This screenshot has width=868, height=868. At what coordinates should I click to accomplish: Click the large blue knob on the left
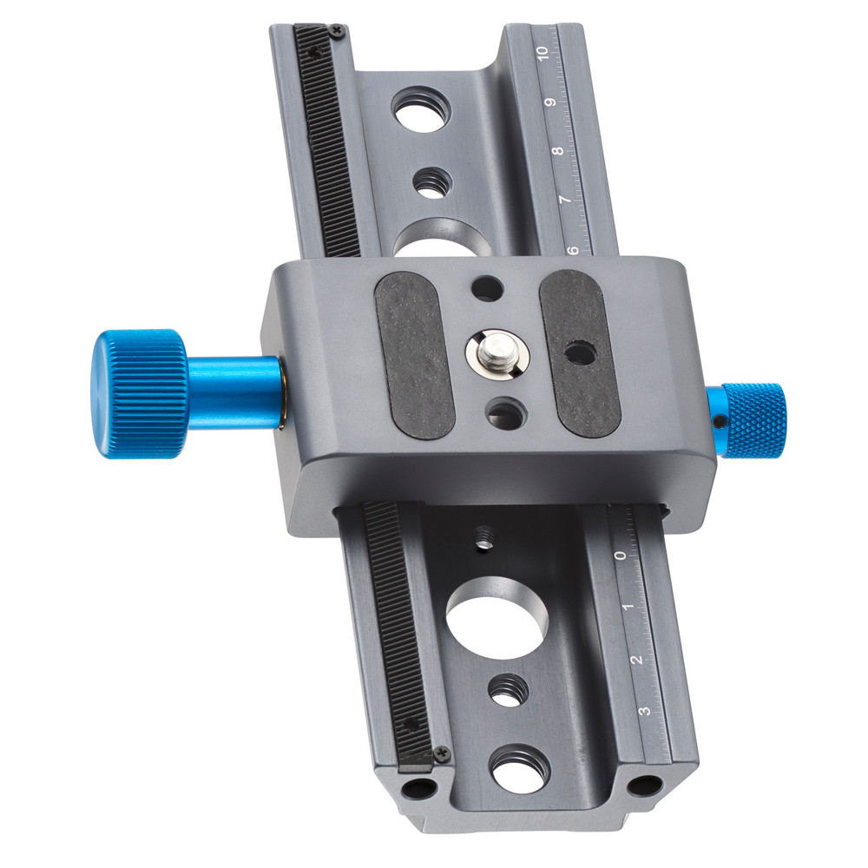click(x=140, y=393)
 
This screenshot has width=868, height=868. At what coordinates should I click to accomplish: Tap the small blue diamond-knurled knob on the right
click(x=754, y=420)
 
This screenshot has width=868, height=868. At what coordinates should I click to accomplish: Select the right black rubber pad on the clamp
click(x=579, y=353)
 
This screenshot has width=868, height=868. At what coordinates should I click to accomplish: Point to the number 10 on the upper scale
click(x=542, y=54)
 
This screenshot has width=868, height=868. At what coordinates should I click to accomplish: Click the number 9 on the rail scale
click(x=550, y=102)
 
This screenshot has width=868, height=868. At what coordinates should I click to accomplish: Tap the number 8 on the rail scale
click(x=558, y=150)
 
